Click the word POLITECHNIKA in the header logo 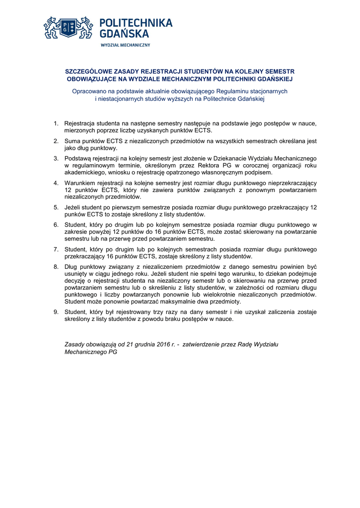pyautogui.click(x=136, y=23)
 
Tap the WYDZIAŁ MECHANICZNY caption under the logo pyautogui.click(x=125, y=45)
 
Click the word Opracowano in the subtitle pyautogui.click(x=88, y=91)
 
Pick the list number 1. pyautogui.click(x=56, y=123)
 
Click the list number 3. pyautogui.click(x=56, y=158)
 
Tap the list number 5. pyautogui.click(x=56, y=207)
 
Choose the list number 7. pyautogui.click(x=56, y=249)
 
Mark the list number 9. pyautogui.click(x=56, y=312)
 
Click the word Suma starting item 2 pyautogui.click(x=73, y=141)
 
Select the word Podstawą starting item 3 pyautogui.click(x=79, y=158)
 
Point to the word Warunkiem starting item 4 pyautogui.click(x=81, y=183)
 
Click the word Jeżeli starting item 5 pyautogui.click(x=73, y=207)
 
